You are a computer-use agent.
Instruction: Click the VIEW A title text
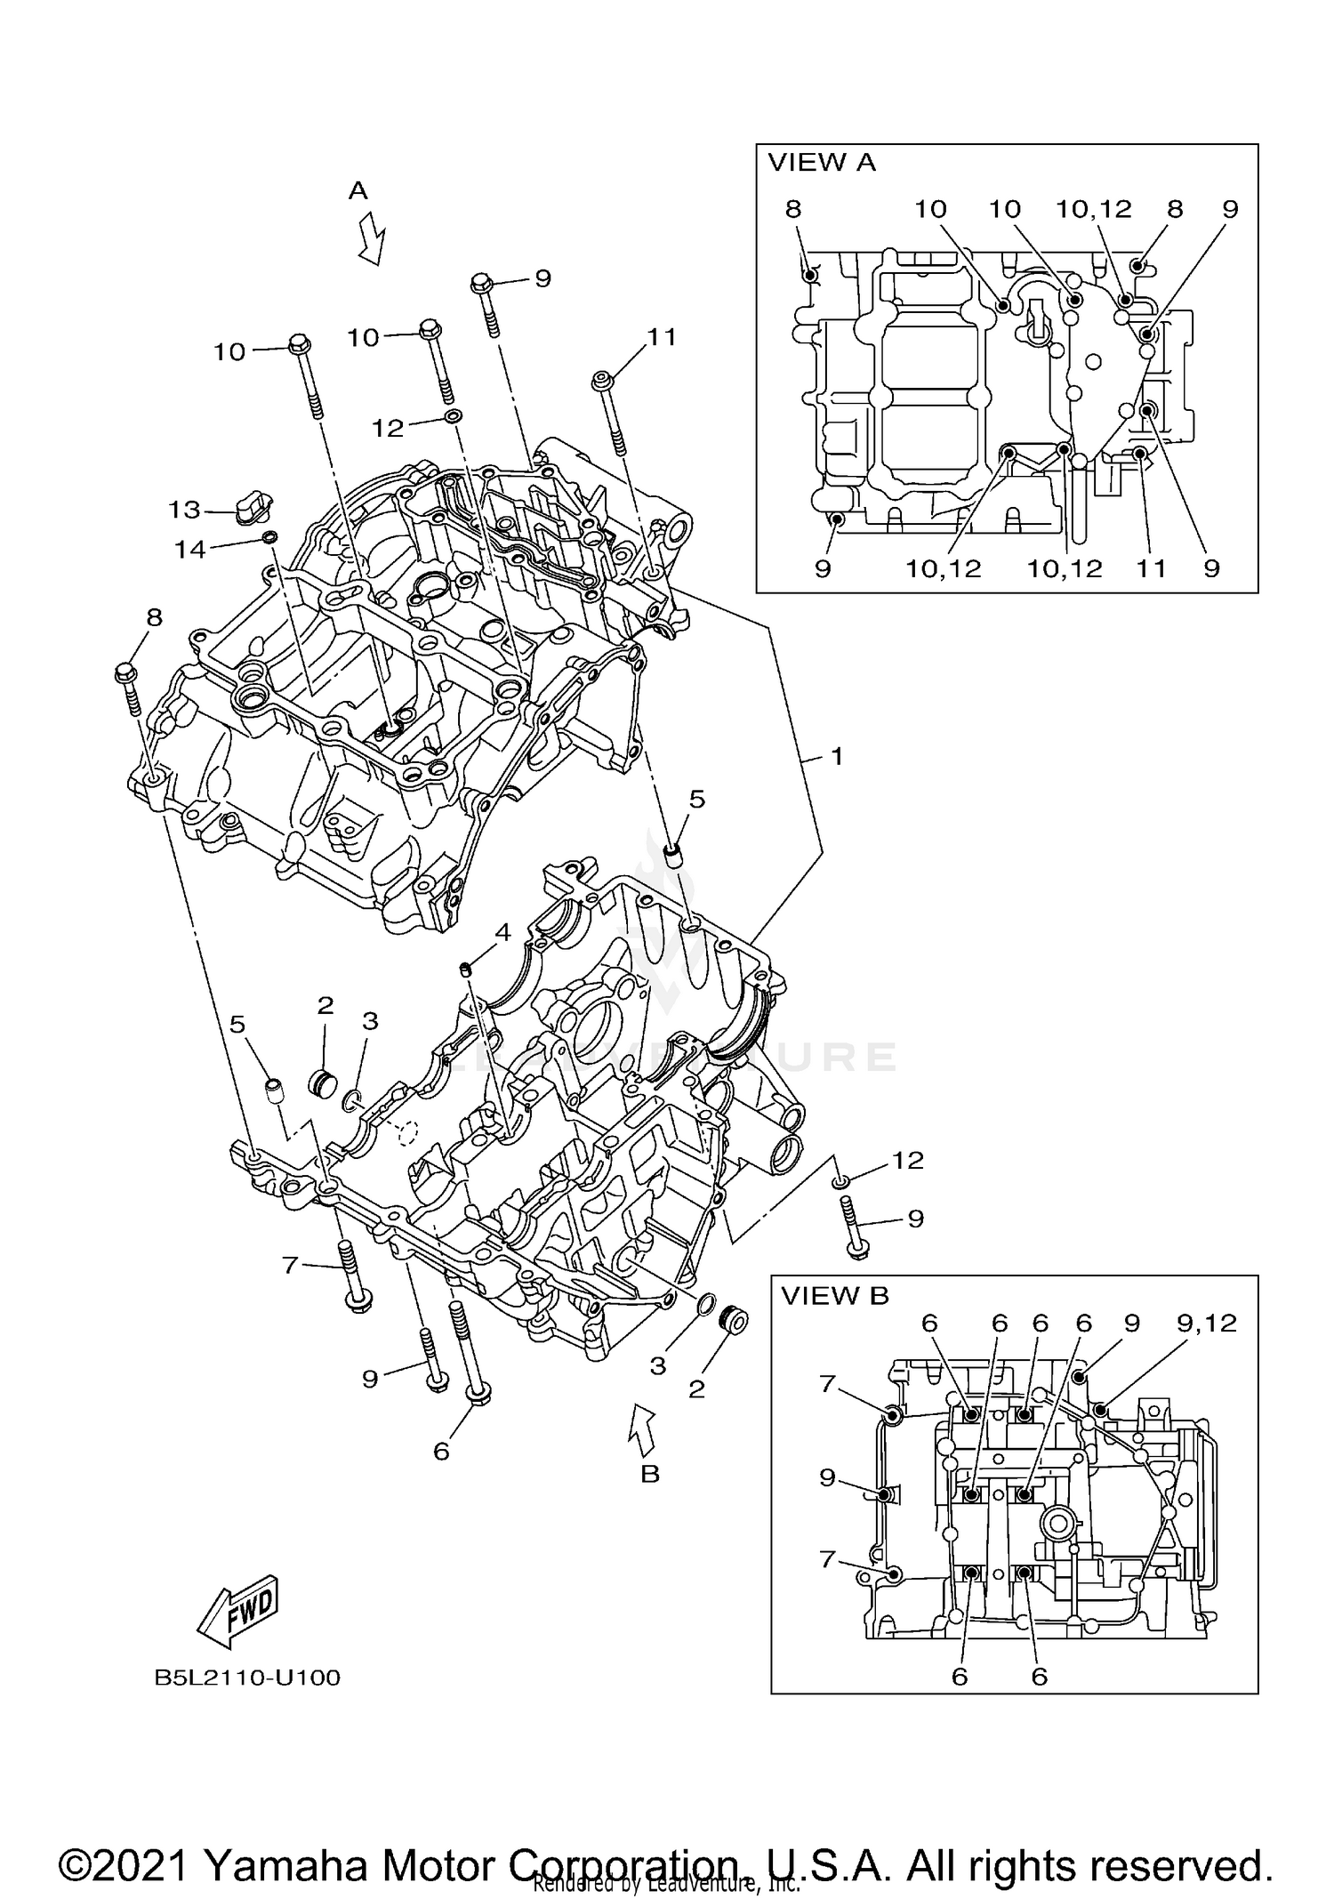[x=821, y=163]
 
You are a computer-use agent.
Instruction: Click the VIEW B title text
[x=834, y=1296]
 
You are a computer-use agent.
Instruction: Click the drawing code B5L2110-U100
[x=247, y=1678]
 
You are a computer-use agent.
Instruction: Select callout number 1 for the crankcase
[x=836, y=757]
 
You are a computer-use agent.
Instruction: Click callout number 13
[x=185, y=510]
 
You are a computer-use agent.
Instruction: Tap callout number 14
[x=189, y=550]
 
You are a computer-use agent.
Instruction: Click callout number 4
[x=503, y=932]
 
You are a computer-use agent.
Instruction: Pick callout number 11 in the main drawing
[x=662, y=337]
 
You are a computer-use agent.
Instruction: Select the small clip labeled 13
[x=253, y=504]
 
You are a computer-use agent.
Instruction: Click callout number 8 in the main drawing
[x=154, y=617]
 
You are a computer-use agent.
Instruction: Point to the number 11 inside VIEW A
[x=1152, y=568]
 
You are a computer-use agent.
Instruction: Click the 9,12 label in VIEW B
[x=1206, y=1324]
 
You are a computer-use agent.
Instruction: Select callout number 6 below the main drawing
[x=441, y=1451]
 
